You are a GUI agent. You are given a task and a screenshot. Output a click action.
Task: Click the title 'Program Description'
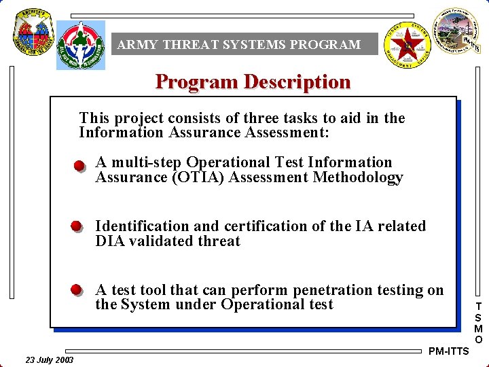253,82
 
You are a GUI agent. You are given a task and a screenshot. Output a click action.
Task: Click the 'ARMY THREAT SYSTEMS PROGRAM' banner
238,45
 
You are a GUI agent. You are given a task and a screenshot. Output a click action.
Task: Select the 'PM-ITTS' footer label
449,351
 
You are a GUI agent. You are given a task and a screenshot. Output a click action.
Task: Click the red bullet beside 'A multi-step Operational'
79,165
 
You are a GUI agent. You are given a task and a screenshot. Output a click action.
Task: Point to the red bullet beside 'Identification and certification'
77,227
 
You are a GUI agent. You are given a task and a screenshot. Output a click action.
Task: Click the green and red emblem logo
81,42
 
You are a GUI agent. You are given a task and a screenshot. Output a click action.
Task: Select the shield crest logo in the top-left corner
30,33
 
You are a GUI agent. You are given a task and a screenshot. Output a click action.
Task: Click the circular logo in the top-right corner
456,29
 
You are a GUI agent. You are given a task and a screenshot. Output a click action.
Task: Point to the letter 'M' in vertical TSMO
479,328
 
